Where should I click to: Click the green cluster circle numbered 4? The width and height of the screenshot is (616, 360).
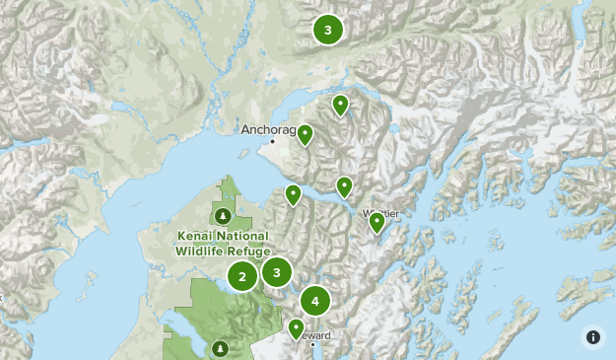click(x=315, y=301)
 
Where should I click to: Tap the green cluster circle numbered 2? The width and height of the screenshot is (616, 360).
click(x=242, y=276)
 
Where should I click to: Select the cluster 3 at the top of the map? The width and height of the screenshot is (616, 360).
click(x=328, y=30)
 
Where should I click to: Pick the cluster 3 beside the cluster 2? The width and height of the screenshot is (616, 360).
click(x=277, y=271)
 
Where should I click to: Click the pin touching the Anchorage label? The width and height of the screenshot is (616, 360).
click(x=306, y=135)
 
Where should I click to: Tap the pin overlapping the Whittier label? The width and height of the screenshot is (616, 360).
click(x=376, y=222)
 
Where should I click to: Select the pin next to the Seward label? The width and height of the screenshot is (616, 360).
click(x=296, y=328)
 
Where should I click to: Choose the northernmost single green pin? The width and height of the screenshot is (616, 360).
click(x=340, y=105)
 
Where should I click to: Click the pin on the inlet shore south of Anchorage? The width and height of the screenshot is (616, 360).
click(x=293, y=195)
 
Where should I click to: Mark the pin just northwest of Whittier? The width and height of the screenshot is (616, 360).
click(x=344, y=186)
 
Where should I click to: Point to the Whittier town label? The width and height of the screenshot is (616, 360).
click(x=380, y=212)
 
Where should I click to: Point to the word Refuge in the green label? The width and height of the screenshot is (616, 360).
click(x=250, y=251)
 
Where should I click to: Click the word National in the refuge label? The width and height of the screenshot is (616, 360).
click(x=243, y=237)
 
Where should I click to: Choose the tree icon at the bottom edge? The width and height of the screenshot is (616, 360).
click(x=219, y=347)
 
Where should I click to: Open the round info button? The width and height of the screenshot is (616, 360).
click(x=593, y=337)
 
